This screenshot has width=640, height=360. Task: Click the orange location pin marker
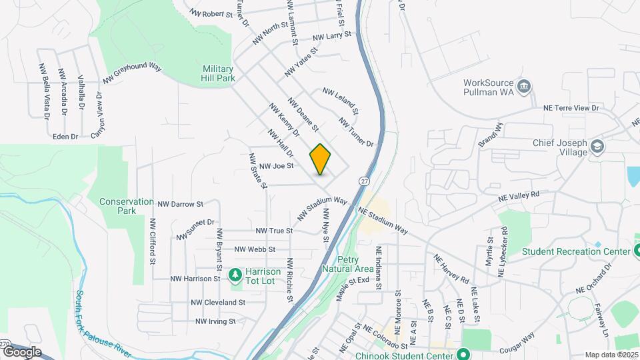pyautogui.click(x=321, y=159)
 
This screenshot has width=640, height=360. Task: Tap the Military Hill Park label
pyautogui.click(x=219, y=73)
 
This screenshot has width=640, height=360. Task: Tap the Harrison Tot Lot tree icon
pyautogui.click(x=235, y=274)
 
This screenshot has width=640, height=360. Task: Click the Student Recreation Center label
pyautogui.click(x=576, y=251)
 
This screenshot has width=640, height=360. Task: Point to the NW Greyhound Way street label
pyautogui.click(x=133, y=73)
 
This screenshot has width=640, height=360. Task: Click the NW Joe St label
pyautogui.click(x=276, y=166)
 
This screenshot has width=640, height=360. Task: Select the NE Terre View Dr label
pyautogui.click(x=571, y=107)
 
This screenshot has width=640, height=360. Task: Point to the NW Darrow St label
pyautogui.click(x=180, y=203)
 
